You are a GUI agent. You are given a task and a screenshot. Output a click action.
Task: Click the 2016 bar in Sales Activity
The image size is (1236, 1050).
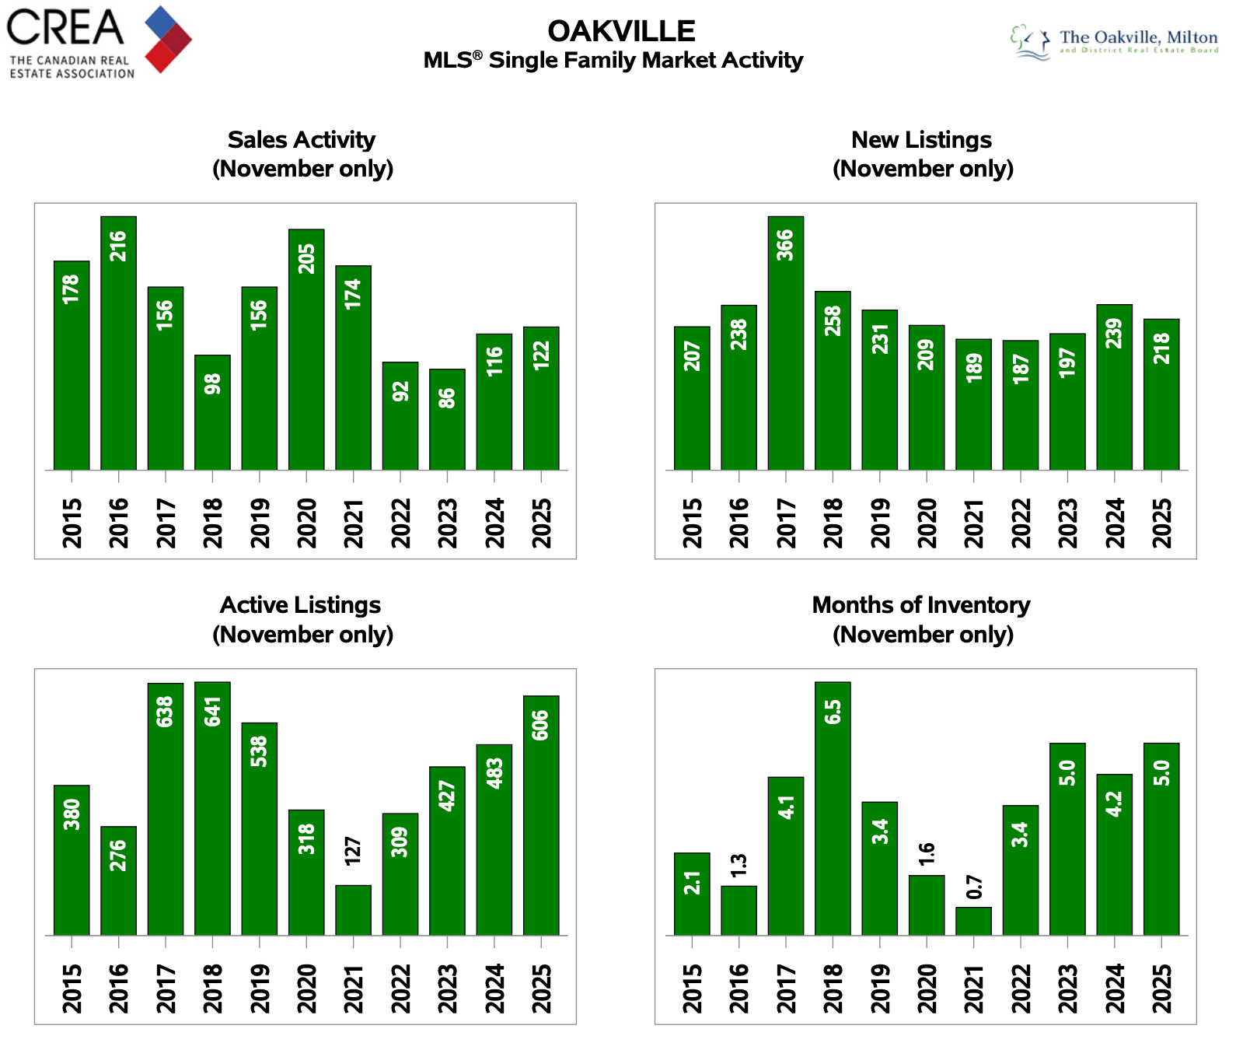tap(118, 343)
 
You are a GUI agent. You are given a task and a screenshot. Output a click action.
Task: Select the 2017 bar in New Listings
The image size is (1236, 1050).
tap(785, 343)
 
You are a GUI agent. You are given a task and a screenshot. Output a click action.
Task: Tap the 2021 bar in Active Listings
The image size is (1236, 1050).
tap(353, 909)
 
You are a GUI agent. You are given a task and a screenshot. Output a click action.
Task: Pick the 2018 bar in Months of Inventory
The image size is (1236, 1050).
tap(833, 808)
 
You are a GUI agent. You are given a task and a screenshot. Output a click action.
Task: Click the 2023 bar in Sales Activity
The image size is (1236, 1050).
tap(447, 419)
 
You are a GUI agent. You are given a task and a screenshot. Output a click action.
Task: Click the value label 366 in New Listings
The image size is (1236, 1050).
tap(785, 245)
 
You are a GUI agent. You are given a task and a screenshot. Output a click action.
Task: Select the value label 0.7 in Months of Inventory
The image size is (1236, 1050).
tap(973, 887)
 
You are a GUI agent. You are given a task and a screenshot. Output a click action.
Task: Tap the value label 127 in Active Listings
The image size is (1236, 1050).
tap(353, 852)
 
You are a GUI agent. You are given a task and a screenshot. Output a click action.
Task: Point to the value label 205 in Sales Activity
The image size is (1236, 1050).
tap(306, 259)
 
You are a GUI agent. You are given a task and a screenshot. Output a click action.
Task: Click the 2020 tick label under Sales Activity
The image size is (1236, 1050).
tap(306, 523)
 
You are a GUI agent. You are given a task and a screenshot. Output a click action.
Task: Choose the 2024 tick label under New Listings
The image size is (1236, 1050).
tap(1114, 523)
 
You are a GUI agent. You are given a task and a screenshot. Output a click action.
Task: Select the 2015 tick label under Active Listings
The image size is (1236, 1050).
tap(72, 989)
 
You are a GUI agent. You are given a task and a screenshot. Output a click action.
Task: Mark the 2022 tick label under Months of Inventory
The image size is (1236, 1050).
tap(1020, 989)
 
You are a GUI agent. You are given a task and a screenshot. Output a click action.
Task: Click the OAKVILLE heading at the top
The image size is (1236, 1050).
tap(621, 32)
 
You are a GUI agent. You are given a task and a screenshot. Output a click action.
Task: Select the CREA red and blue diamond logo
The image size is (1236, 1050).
tap(168, 39)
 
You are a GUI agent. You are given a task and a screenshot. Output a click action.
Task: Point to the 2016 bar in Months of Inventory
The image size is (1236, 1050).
tap(738, 910)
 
